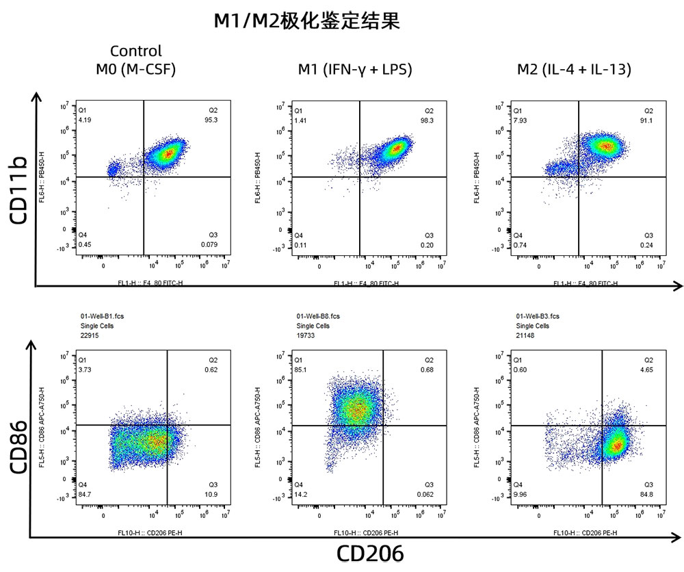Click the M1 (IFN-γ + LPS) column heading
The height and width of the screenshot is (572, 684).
(x=354, y=69)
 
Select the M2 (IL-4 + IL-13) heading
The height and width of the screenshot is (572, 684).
(x=574, y=69)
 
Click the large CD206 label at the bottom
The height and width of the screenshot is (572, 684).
(x=370, y=554)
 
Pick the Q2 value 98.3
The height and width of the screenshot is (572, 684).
(x=429, y=120)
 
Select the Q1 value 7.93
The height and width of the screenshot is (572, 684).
(x=520, y=120)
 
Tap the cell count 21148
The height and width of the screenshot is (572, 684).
(x=525, y=335)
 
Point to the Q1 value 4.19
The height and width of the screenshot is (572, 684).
(x=85, y=120)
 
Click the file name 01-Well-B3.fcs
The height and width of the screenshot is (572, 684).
(x=538, y=317)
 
